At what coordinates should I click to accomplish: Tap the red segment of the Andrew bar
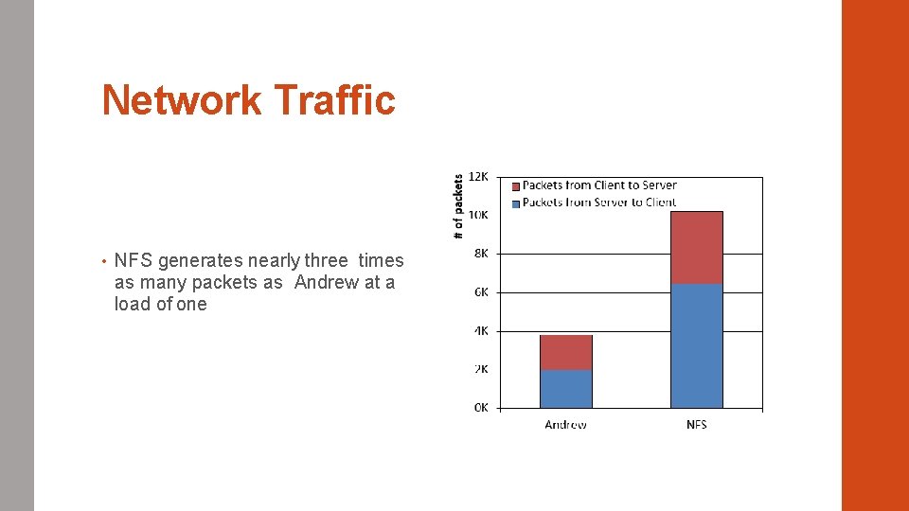tap(565, 352)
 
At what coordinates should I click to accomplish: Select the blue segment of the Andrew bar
tap(565, 389)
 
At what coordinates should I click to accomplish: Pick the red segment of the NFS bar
tap(696, 247)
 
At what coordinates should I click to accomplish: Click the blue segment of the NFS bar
tap(696, 345)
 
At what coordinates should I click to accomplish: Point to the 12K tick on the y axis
tap(479, 177)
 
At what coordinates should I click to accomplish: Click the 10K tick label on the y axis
tap(479, 216)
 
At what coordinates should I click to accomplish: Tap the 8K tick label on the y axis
tap(481, 254)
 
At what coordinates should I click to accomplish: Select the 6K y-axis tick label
tap(481, 292)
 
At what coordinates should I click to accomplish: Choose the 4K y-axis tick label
tap(481, 331)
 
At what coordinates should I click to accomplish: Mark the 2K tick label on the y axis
tap(481, 369)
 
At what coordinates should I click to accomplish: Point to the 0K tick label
tap(481, 408)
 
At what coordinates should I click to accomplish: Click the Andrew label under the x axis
tap(565, 425)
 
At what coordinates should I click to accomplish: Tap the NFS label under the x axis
tap(696, 425)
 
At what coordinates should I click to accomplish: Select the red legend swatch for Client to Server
tap(516, 186)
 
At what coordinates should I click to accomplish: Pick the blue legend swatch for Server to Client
tap(516, 203)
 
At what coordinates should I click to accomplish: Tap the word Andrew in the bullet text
tap(326, 283)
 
